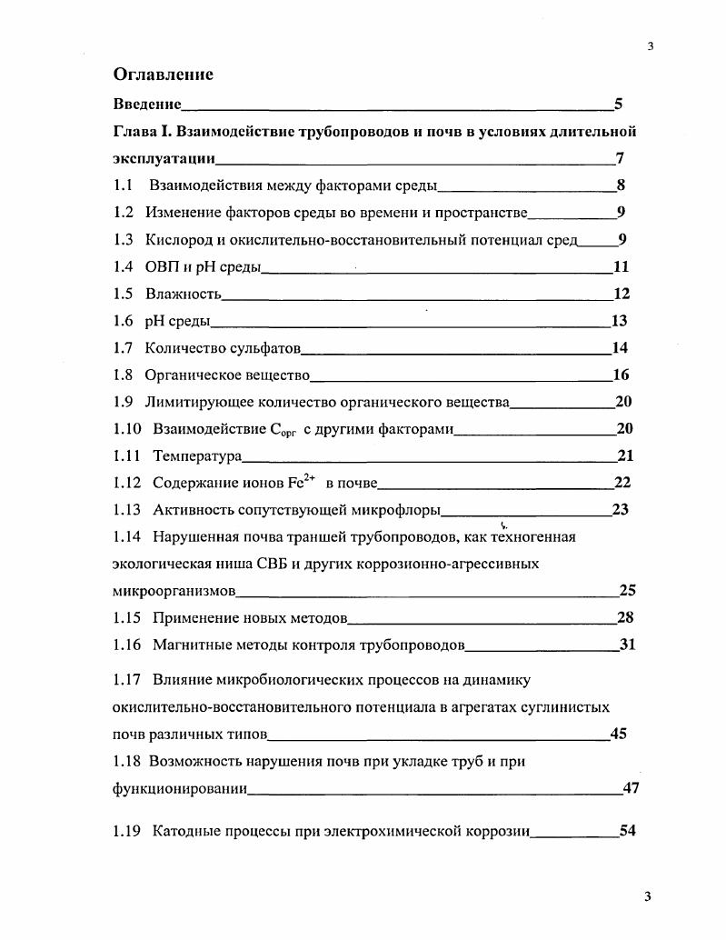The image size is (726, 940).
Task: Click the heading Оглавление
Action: pos(163,74)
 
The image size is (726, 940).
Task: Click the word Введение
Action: pos(147,105)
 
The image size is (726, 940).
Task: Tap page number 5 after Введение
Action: pos(619,105)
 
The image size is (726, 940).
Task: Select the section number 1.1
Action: pos(123,186)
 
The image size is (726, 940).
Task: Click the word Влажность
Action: pos(183,294)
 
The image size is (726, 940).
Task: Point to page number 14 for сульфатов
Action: pos(621,347)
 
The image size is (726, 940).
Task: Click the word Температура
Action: pos(196,455)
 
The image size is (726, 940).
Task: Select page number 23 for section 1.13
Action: pos(621,509)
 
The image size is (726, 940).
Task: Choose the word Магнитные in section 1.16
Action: pos(188,645)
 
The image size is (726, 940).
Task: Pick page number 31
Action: pos(626,645)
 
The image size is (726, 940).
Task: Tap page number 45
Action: pos(619,734)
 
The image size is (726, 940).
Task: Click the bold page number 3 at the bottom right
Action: pos(648,897)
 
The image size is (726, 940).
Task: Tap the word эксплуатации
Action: pos(164,159)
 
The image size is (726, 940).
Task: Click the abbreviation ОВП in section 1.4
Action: pos(162,267)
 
